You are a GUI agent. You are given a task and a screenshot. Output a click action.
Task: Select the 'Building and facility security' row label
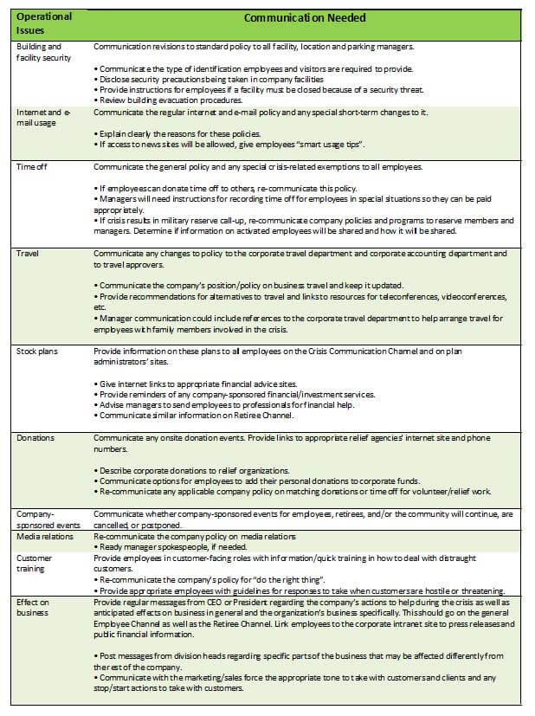(41, 51)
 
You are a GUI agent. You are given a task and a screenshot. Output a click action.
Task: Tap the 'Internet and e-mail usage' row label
(42, 118)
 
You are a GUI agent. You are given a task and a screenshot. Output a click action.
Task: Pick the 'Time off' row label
(31, 166)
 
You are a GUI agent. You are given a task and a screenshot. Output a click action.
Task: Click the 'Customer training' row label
(35, 564)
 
